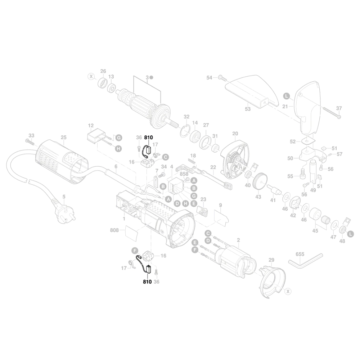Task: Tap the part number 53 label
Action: point(248,109)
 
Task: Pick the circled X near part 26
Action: point(91,76)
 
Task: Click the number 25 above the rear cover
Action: point(64,137)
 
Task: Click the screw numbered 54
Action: point(221,77)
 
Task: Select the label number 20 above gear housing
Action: point(235,134)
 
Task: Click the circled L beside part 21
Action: point(286,96)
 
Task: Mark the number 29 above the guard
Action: point(271,260)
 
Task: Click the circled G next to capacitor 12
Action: point(118,138)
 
